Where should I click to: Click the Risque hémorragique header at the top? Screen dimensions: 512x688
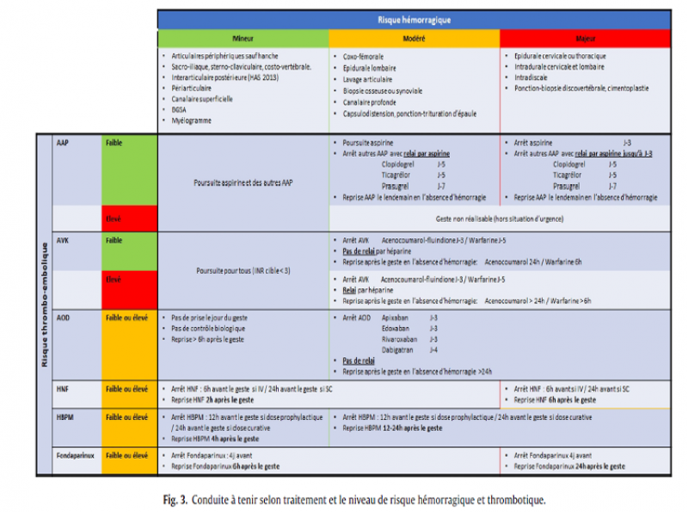[x=414, y=19]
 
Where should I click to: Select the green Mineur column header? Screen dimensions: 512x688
[x=243, y=38]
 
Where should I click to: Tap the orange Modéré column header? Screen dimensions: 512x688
[x=414, y=38]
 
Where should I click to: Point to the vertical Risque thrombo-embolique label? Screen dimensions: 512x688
[x=44, y=305]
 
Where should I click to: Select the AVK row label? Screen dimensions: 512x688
[x=63, y=240]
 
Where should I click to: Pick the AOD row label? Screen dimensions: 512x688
[x=63, y=318]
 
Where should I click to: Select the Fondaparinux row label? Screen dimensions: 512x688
[x=75, y=455]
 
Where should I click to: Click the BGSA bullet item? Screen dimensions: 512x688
[x=179, y=109]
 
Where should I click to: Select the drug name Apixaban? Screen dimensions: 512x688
[x=395, y=318]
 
